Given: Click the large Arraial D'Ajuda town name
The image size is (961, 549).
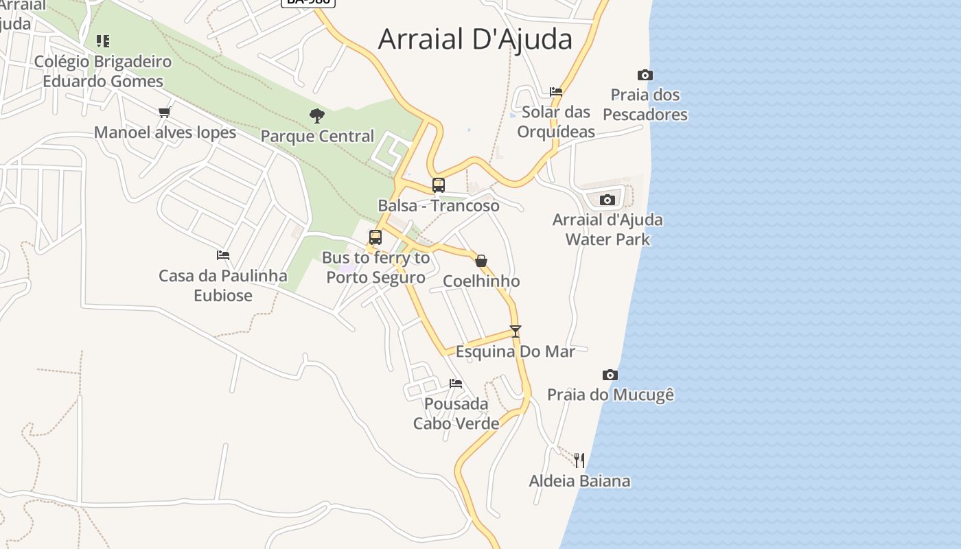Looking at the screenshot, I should click(475, 39).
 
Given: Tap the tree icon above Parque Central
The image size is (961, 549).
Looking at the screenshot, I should click(316, 115).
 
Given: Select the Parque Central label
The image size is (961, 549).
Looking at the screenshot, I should click(317, 136).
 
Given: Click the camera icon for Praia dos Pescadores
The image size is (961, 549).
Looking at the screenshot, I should click(645, 75).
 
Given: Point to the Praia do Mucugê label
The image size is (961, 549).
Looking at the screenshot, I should click(610, 395).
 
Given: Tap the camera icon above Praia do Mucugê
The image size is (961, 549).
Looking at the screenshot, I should click(610, 375).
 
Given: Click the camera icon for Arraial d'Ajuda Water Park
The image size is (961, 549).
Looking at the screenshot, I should click(607, 200).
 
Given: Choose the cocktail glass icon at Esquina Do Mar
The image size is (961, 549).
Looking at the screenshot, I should click(516, 331).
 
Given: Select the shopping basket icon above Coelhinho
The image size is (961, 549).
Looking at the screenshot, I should click(481, 261).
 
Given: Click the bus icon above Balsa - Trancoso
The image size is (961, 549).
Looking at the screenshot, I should click(438, 185).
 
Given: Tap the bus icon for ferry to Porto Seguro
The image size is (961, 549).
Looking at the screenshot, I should click(375, 237).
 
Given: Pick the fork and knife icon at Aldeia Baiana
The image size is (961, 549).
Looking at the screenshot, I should click(579, 460).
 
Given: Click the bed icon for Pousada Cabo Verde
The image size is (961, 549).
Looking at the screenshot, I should click(455, 383).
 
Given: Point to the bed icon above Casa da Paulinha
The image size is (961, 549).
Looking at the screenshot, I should click(222, 255).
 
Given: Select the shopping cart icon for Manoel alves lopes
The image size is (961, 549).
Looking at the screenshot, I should click(163, 112).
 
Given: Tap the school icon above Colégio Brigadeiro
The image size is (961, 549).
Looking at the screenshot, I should click(102, 41).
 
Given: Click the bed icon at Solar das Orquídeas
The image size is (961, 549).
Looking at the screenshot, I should click(556, 91).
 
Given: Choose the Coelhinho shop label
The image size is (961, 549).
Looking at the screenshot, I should click(481, 281).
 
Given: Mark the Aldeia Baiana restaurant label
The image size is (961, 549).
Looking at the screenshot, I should click(579, 480).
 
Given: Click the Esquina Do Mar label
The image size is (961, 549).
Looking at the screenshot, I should click(516, 351).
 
